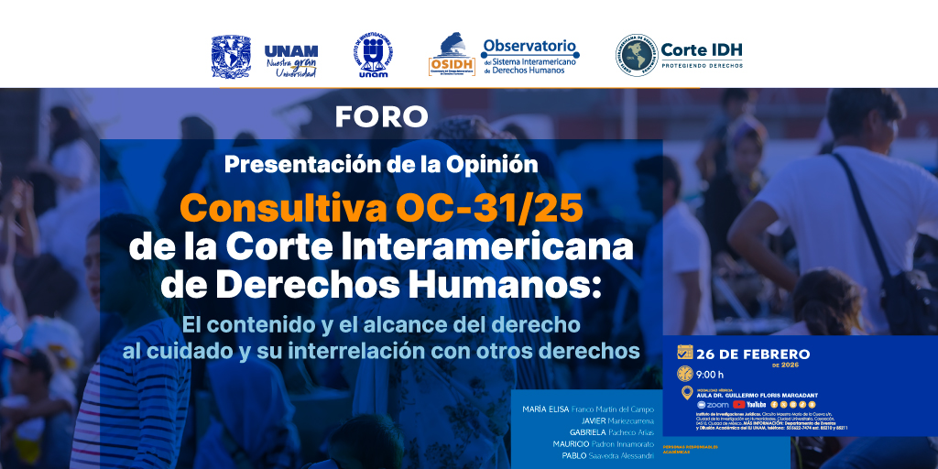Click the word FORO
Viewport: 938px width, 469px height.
coord(381,117)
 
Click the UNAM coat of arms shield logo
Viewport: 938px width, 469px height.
coord(231,57)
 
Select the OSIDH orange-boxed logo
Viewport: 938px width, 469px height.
coord(451,57)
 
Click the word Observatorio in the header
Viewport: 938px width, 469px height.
coord(529,45)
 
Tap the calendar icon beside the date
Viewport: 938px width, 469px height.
coord(684,353)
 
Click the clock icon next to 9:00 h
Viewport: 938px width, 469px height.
coord(684,374)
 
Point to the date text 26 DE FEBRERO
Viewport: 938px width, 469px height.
coord(753,354)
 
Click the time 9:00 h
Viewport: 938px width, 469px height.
coord(710,374)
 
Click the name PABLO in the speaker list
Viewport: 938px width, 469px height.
coord(574,455)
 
